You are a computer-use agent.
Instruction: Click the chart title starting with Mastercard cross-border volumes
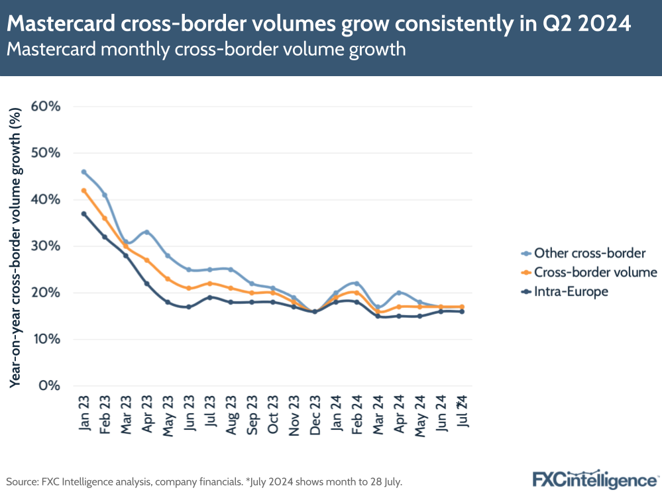(x=319, y=24)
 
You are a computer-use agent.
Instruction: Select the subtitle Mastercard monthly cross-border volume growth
(x=206, y=50)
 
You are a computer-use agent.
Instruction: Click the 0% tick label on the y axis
(x=50, y=385)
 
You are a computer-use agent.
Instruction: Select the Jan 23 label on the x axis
(x=84, y=414)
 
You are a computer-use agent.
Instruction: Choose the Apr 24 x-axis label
(x=399, y=414)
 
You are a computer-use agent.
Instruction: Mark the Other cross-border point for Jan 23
(x=83, y=172)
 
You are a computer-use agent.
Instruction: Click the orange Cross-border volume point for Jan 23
(x=83, y=190)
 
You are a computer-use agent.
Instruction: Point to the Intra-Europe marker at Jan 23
(x=83, y=213)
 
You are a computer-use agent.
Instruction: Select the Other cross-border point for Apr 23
(x=146, y=232)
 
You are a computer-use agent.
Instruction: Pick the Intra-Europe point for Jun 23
(x=189, y=307)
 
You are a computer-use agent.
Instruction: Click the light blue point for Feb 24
(x=357, y=283)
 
